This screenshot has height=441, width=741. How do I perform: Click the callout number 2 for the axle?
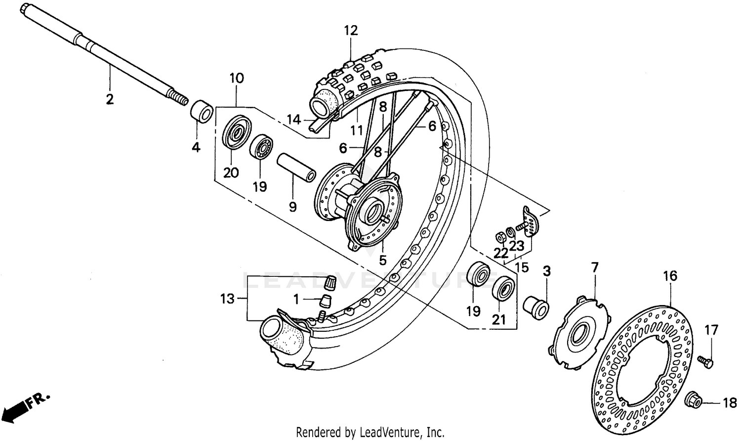click(x=110, y=99)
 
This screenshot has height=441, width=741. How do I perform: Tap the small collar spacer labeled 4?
click(x=202, y=111)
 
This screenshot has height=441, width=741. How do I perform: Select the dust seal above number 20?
click(x=236, y=132)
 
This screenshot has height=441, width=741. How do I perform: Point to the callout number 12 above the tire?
click(x=351, y=31)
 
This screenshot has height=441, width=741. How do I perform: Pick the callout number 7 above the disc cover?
click(x=594, y=268)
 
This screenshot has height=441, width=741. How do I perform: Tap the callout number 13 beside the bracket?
click(x=227, y=299)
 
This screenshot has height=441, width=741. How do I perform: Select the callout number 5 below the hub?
click(x=382, y=260)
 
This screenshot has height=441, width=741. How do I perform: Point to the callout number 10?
click(x=237, y=78)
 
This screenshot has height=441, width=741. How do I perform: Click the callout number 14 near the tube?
click(x=293, y=120)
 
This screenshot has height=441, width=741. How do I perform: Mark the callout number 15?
click(x=521, y=267)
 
